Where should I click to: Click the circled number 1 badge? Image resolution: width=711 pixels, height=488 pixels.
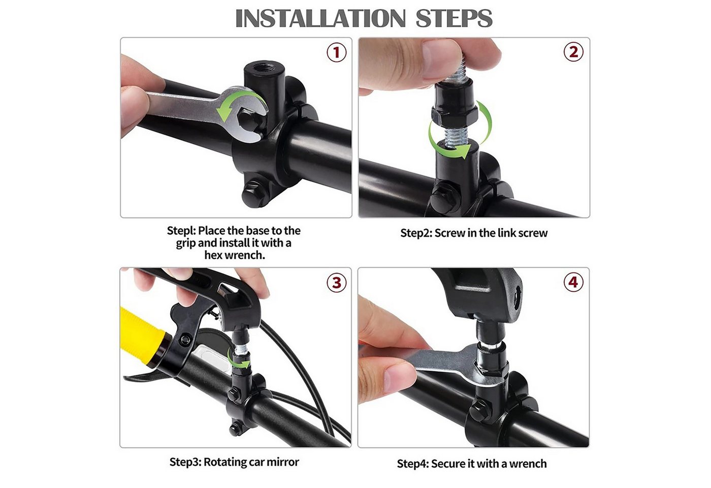coord(337,52)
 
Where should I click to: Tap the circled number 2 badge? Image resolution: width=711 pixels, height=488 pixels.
coord(573,52)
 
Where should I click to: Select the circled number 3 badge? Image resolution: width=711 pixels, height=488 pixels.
coord(337,283)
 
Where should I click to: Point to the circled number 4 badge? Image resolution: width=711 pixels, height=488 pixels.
coord(573,282)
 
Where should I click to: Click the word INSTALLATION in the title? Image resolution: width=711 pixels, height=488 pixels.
coord(320,18)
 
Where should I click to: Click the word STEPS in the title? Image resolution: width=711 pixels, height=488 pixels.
coord(454,18)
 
